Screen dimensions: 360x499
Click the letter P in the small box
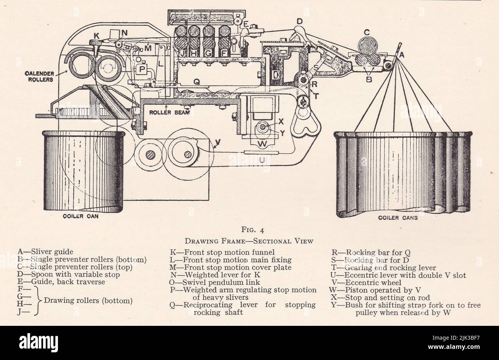pyautogui.click(x=142, y=69)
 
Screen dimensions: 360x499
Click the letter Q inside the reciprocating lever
pyautogui.click(x=196, y=81)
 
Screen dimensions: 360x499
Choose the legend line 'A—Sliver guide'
pyautogui.click(x=45, y=252)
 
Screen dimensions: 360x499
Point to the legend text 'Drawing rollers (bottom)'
pyautogui.click(x=88, y=301)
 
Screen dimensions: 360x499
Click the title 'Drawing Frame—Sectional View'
pyautogui.click(x=249, y=241)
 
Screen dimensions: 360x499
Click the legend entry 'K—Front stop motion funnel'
pyautogui.click(x=223, y=252)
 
